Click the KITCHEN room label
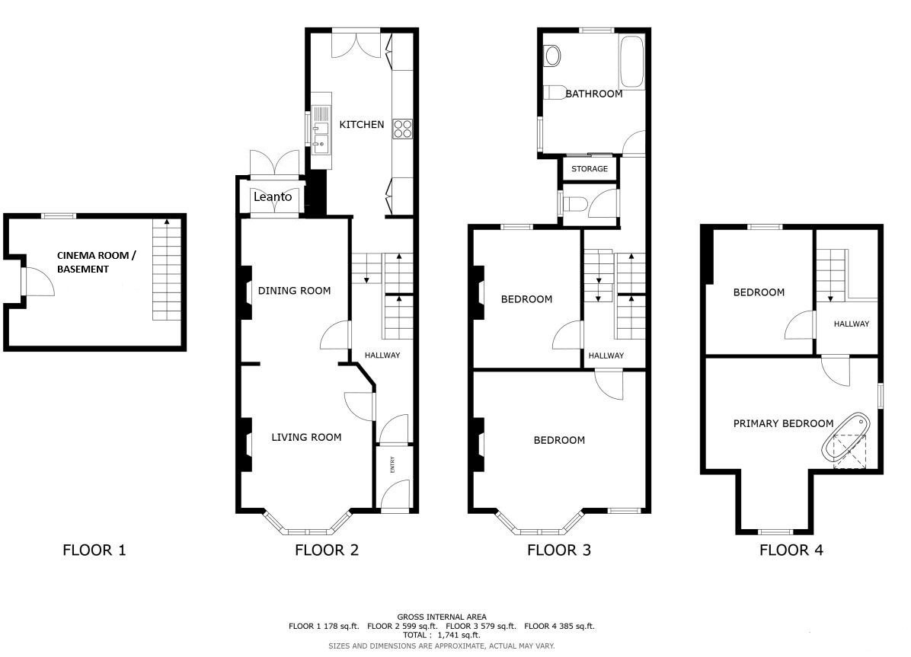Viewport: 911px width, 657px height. click(x=361, y=124)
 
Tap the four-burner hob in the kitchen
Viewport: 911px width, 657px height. click(x=403, y=129)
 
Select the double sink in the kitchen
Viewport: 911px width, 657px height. click(x=321, y=131)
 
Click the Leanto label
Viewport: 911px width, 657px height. click(x=273, y=197)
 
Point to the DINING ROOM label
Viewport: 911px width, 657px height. click(x=294, y=291)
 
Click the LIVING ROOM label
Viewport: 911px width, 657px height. click(x=306, y=438)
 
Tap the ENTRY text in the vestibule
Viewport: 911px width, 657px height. click(x=393, y=464)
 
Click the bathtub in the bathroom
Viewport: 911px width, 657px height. click(x=631, y=61)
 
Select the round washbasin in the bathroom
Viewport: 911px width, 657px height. click(x=552, y=56)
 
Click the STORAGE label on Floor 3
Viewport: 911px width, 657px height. click(x=589, y=169)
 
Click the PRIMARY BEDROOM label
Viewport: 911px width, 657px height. click(x=783, y=423)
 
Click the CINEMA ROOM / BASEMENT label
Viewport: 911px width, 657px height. click(x=97, y=262)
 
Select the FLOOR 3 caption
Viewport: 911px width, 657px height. click(x=559, y=550)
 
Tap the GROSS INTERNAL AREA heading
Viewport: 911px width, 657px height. click(x=442, y=617)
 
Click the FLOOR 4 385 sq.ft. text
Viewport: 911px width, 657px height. click(x=559, y=627)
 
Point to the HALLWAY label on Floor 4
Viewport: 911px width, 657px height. click(x=851, y=324)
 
